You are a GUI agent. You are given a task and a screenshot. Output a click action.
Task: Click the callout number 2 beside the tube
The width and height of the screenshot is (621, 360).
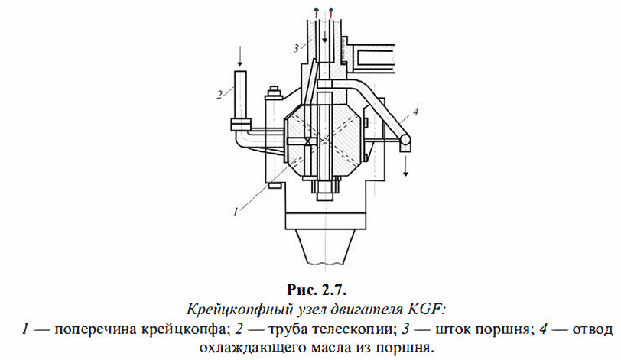pos(219,94)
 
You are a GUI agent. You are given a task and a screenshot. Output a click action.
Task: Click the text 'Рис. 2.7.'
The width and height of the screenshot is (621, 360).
pos(310,290)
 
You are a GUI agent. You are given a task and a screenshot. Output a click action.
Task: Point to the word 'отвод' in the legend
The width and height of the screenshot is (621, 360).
pos(593,329)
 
